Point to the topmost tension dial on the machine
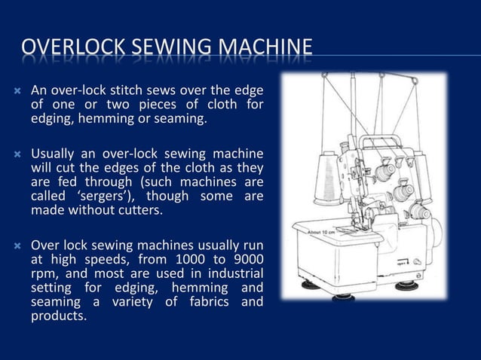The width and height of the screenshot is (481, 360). click(385, 172)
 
